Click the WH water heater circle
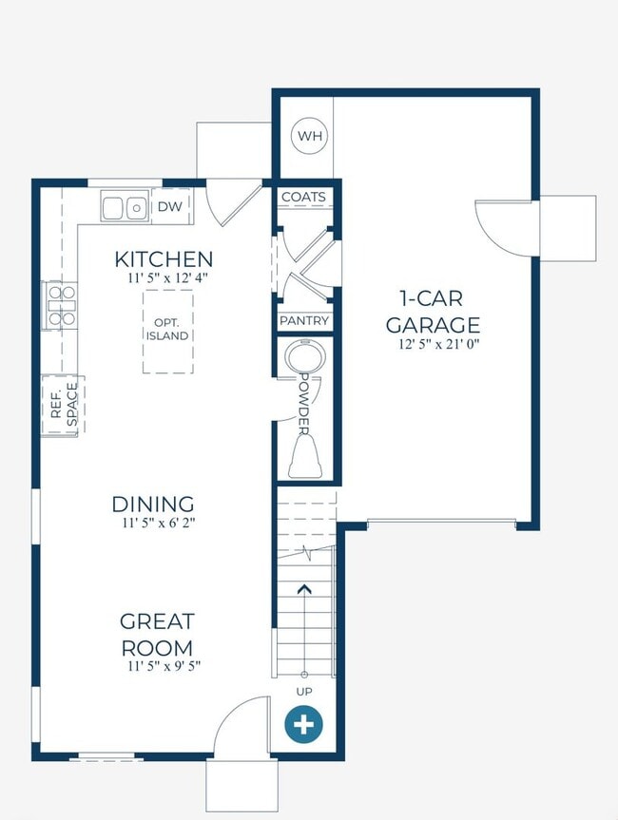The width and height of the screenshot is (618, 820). tap(309, 136)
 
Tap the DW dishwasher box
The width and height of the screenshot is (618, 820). tap(170, 206)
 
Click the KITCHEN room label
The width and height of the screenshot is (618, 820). tap(164, 259)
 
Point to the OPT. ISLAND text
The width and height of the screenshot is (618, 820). tap(167, 330)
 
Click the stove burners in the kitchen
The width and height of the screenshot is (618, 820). tap(61, 305)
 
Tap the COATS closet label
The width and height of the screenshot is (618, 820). tap(303, 197)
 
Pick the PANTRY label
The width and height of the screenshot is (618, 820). tap(304, 320)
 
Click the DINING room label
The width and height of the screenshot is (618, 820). tap(153, 505)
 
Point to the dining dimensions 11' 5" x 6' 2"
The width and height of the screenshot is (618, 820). tap(159, 523)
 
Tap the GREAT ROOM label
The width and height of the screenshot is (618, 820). tap(157, 635)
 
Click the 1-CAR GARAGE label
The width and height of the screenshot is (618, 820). tap(433, 312)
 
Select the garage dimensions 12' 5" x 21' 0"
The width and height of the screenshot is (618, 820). tap(438, 344)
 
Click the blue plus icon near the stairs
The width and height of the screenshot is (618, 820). tap(303, 725)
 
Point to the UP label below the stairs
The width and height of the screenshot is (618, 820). tap(304, 692)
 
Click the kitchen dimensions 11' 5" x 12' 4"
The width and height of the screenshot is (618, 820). tap(168, 277)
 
